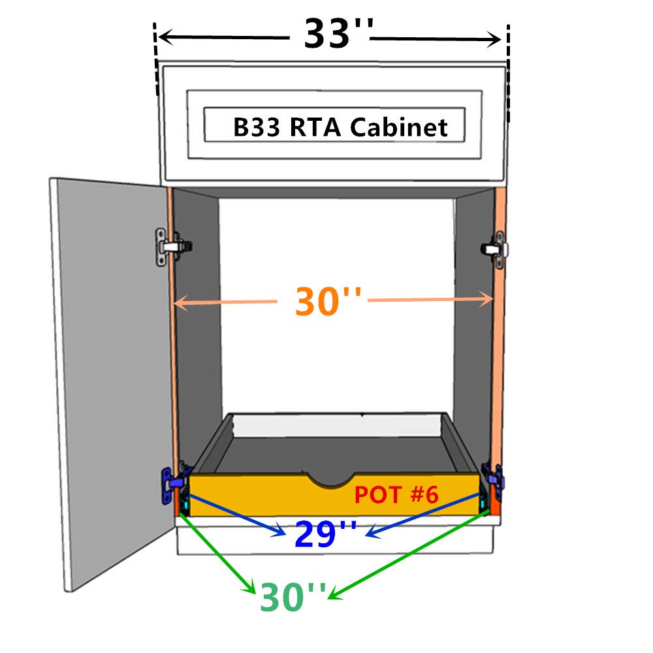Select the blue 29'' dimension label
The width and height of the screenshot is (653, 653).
click(325, 534)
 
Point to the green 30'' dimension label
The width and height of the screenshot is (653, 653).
click(292, 596)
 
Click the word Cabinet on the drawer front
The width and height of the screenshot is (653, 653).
click(399, 127)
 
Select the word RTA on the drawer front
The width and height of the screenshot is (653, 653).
click(315, 127)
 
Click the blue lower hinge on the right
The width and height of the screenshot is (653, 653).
click(492, 481)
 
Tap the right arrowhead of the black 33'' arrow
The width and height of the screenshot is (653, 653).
click(496, 39)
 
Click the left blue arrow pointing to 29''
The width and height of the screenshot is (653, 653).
click(235, 515)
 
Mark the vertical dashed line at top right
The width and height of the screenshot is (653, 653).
click(508, 59)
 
